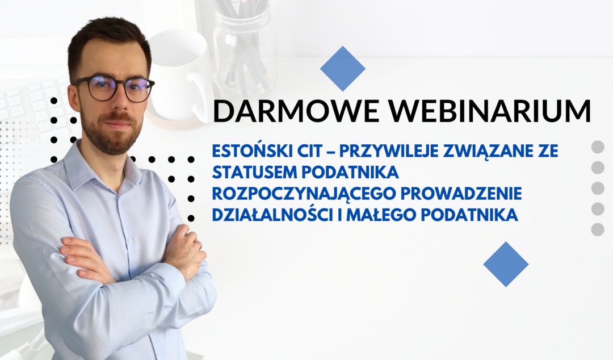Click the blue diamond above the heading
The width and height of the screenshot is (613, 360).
(342, 69)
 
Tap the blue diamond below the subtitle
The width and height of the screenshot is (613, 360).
(506, 264)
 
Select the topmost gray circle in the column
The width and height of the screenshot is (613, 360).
(598, 146)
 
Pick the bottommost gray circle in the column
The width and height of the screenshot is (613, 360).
(598, 229)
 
